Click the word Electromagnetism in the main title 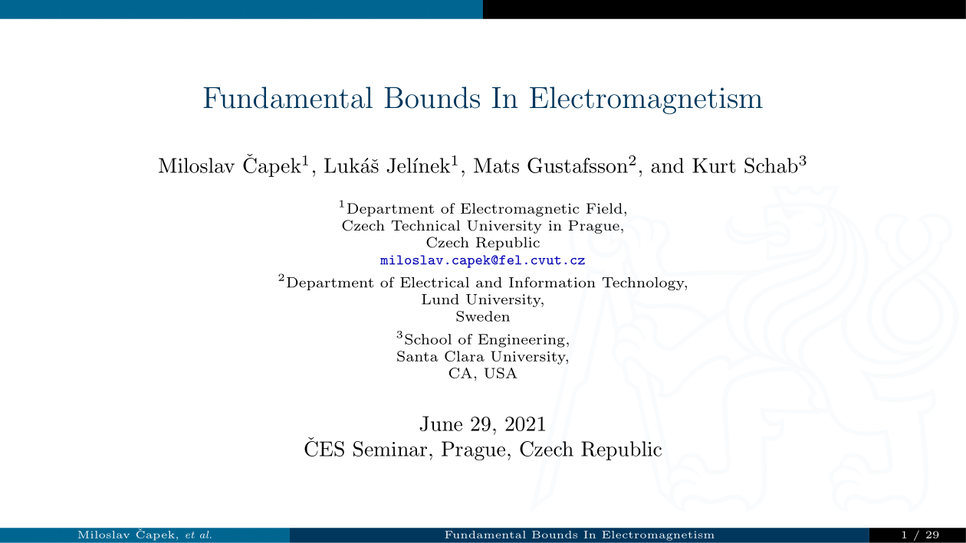coord(646,99)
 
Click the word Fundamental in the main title coord(287,98)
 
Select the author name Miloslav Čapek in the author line coord(229,165)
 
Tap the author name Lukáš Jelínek coord(387,165)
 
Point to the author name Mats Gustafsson coord(550,166)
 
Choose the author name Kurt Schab coord(745,166)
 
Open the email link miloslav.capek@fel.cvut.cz coord(482,260)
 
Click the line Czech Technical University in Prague coord(483,226)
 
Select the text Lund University coord(482,299)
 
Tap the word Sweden coord(482,317)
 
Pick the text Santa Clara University coord(482,357)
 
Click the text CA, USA coord(482,373)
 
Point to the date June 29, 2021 coord(482,424)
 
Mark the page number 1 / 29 coord(920,535)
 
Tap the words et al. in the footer coord(199,535)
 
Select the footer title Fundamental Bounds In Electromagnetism coord(579,535)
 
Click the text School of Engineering coord(486,339)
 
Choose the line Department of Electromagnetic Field coord(486,209)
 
